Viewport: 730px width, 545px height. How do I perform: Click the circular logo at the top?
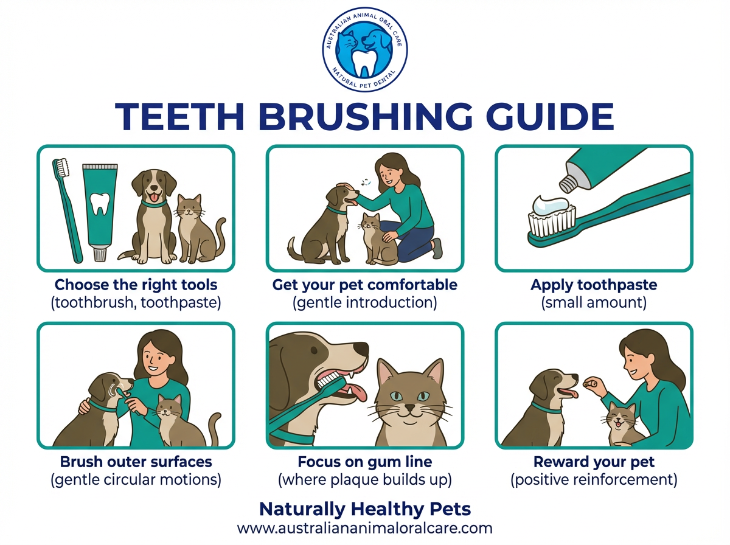(x=364, y=49)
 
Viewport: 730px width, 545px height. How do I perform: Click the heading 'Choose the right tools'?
(x=136, y=285)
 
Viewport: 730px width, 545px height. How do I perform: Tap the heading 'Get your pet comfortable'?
(x=364, y=285)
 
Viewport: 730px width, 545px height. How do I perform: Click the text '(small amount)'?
(x=594, y=302)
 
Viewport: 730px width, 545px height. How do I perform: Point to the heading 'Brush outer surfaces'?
(x=136, y=461)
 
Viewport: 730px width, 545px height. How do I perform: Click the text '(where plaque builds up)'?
(x=364, y=479)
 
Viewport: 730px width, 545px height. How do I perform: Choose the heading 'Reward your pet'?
(x=594, y=461)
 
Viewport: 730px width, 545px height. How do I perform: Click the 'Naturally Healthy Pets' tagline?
(x=364, y=509)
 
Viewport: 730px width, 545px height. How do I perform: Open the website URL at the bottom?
(x=364, y=527)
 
